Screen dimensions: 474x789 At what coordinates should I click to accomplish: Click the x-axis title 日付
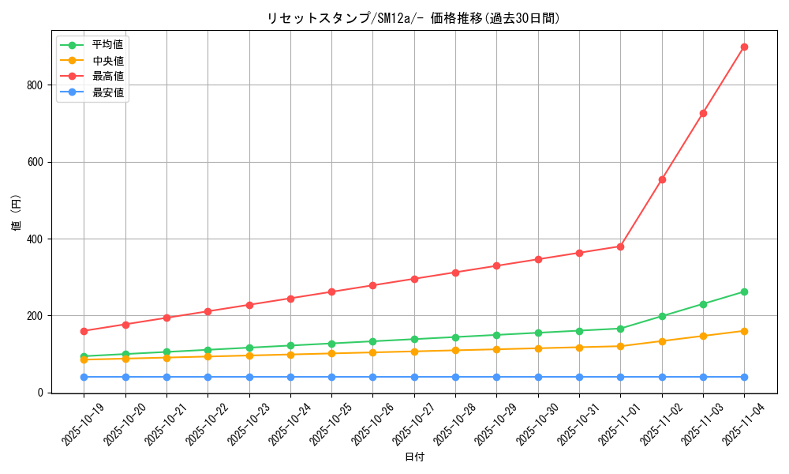click(x=414, y=457)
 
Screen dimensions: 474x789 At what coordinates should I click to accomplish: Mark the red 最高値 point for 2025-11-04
click(x=744, y=47)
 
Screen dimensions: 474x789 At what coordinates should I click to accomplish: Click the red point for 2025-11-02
click(x=662, y=179)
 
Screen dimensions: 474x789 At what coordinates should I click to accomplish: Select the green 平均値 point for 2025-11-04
click(x=744, y=292)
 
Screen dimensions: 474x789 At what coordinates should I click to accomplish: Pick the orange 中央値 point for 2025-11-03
click(x=703, y=336)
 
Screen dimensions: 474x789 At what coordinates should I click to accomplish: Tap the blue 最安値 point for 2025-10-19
click(x=84, y=377)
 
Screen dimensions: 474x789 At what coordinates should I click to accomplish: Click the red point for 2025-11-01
click(x=620, y=246)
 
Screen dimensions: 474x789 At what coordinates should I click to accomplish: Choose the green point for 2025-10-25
click(x=331, y=344)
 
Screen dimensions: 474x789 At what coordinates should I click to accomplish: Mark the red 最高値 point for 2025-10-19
click(x=84, y=331)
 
